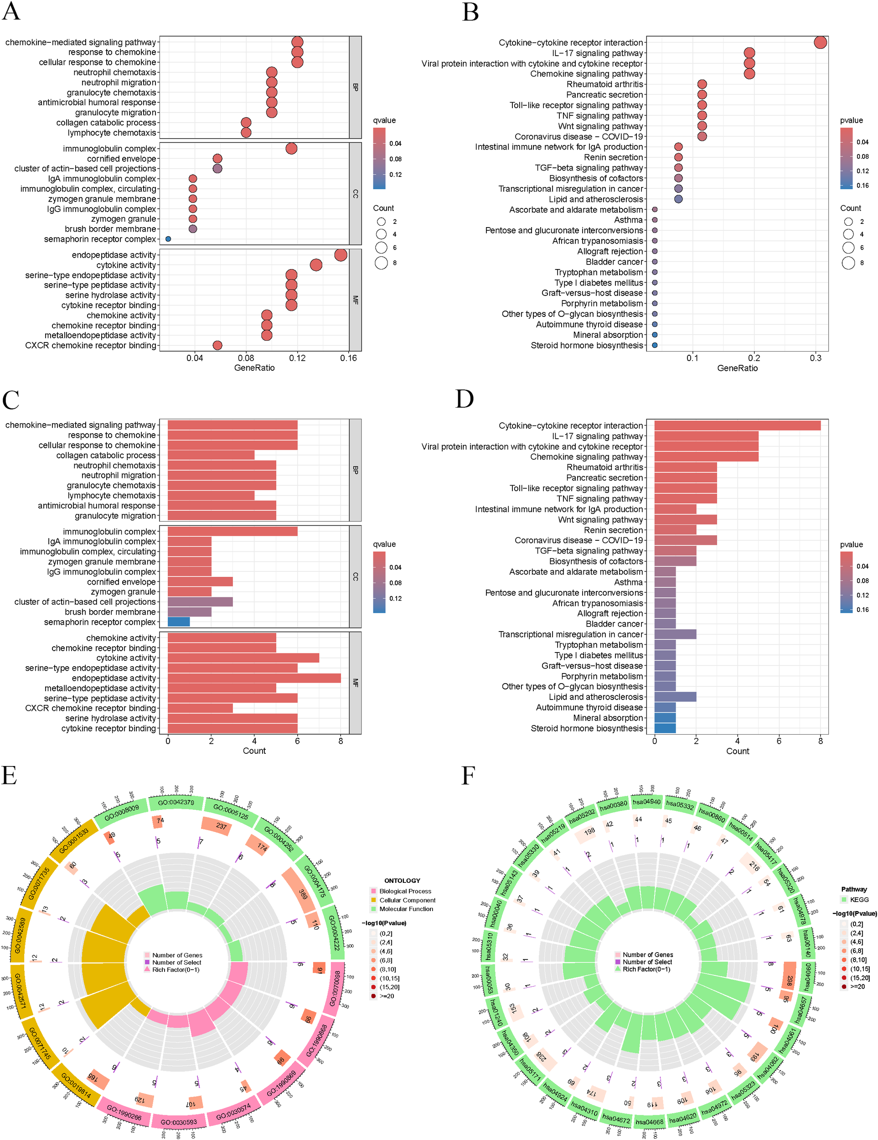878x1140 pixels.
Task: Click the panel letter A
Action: [x=11, y=11]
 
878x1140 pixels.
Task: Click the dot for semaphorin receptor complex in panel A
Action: [x=168, y=238]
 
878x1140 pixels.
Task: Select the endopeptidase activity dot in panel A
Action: [x=341, y=255]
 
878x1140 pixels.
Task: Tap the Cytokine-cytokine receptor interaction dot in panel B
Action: [x=820, y=42]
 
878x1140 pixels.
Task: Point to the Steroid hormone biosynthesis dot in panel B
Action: [x=655, y=345]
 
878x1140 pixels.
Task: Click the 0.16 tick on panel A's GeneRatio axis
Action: [x=348, y=358]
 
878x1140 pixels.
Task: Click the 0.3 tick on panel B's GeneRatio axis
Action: [x=816, y=358]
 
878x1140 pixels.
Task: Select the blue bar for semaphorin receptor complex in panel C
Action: [x=178, y=622]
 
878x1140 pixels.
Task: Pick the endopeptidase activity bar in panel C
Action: [x=253, y=678]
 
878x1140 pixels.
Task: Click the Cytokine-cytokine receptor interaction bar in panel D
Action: [x=737, y=425]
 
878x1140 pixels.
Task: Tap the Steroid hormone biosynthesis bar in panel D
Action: [x=665, y=728]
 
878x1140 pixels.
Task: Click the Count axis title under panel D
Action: [x=737, y=751]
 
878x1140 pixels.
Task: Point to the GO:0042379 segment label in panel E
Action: [x=176, y=802]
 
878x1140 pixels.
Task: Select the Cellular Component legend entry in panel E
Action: [x=407, y=900]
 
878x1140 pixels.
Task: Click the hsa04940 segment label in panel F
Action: [x=646, y=802]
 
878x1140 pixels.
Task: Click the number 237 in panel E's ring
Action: [x=221, y=826]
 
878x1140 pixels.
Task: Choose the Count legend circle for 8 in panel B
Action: [x=848, y=263]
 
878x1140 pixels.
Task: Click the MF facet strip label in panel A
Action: [x=355, y=300]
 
